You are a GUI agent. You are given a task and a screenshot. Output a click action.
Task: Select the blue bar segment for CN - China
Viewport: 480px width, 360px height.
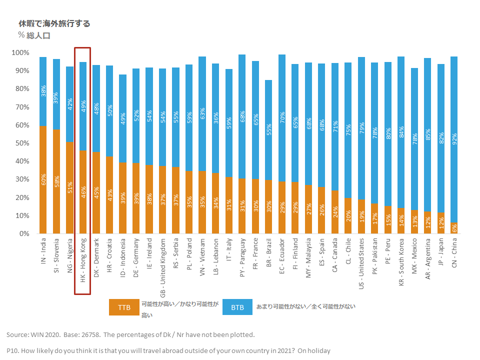click(454, 140)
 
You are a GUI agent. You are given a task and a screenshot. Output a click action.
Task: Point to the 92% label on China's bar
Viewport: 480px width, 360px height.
click(454, 138)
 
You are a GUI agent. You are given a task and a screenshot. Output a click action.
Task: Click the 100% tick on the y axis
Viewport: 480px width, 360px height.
click(20, 53)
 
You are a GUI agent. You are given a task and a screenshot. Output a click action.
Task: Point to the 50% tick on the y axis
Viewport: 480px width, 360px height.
click(22, 143)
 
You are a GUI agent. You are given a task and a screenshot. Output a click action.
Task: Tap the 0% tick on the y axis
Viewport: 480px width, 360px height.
click(24, 234)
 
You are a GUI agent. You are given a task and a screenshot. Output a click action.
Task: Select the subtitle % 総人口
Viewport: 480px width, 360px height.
click(34, 35)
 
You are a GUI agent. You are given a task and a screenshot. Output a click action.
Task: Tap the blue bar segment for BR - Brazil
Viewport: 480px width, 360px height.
click(269, 130)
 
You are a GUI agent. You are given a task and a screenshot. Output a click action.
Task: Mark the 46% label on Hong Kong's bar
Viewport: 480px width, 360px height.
click(83, 192)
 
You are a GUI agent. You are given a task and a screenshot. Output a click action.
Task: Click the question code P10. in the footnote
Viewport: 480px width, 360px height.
click(13, 351)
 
